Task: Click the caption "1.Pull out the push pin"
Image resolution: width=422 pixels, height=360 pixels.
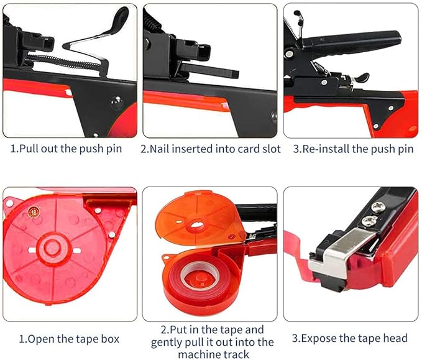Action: click(x=67, y=149)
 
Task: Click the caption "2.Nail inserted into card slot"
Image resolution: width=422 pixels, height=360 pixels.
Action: click(x=210, y=149)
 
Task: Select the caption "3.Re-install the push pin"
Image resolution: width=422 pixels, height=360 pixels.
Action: click(x=352, y=149)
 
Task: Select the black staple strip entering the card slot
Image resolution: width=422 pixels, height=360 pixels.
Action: click(x=211, y=70)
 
